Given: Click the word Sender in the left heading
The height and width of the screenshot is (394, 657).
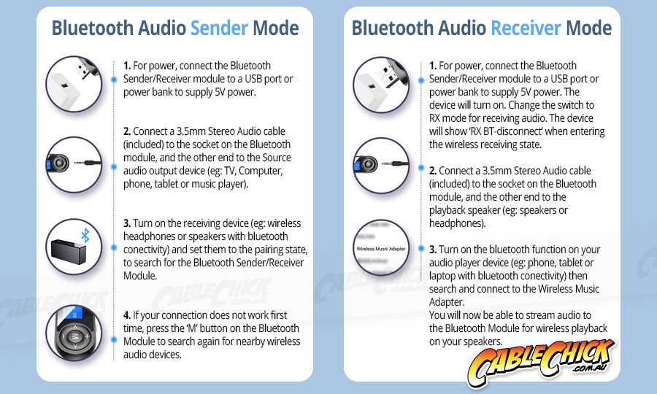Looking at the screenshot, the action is (x=219, y=28).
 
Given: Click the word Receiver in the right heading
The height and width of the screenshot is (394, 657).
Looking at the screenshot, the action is (x=526, y=28).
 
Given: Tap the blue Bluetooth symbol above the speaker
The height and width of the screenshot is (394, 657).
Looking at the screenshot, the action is (x=85, y=235).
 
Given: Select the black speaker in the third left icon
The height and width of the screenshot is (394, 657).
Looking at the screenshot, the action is (x=69, y=251).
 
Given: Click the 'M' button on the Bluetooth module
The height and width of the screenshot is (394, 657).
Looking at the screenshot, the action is (x=74, y=336).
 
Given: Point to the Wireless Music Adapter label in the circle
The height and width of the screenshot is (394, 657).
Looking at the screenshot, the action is (x=381, y=249).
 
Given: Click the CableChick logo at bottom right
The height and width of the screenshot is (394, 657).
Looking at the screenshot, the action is (x=540, y=361).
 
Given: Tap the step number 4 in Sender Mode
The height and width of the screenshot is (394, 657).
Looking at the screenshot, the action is (x=127, y=315).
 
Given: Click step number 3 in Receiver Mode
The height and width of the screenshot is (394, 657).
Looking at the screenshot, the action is (x=433, y=250).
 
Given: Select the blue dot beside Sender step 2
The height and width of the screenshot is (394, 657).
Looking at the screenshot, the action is (x=114, y=166).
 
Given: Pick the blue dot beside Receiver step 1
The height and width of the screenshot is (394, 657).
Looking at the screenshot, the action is (x=421, y=80).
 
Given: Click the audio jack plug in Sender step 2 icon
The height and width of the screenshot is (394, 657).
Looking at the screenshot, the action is (x=88, y=163).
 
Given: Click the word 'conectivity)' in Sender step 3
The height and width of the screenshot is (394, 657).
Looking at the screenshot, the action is (x=146, y=250).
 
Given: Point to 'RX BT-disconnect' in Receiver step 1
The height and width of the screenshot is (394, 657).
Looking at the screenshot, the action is (x=505, y=131).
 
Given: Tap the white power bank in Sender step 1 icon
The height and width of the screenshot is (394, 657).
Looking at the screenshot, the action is (x=64, y=88).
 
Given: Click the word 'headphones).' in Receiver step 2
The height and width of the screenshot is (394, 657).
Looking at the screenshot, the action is (x=457, y=223).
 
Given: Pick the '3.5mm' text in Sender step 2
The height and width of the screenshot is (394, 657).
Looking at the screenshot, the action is (x=191, y=131).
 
